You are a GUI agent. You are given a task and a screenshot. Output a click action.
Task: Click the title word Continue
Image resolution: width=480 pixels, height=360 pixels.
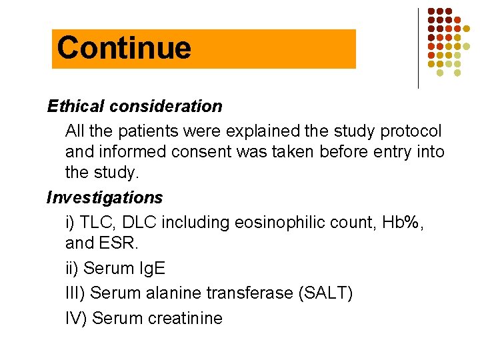click(124, 48)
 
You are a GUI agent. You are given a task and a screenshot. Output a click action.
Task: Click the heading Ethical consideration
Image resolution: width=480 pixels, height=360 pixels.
click(135, 106)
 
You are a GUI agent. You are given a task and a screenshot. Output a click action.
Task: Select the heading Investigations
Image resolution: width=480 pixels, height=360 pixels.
click(105, 198)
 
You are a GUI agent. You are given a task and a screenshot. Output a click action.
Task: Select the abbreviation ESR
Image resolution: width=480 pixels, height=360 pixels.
click(120, 244)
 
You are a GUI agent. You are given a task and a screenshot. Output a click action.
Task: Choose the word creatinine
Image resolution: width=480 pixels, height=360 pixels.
click(179, 318)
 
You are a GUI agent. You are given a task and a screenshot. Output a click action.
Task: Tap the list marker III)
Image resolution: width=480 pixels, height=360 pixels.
click(75, 293)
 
